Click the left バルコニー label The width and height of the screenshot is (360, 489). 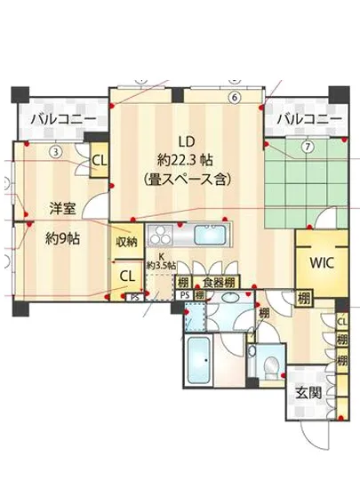[58, 118]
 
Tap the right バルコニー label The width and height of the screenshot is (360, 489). [308, 118]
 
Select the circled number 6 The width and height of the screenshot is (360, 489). [234, 98]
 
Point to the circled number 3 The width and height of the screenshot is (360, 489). [55, 151]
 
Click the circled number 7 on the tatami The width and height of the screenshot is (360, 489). [308, 147]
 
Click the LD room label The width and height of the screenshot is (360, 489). [186, 140]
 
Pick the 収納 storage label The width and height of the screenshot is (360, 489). [126, 241]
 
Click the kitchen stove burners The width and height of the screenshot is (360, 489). [160, 236]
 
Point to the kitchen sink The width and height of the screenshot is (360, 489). [212, 236]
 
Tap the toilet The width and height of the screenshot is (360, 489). [268, 365]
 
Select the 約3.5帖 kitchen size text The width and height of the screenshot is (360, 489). [161, 266]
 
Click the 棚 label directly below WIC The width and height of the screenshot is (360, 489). [305, 297]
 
